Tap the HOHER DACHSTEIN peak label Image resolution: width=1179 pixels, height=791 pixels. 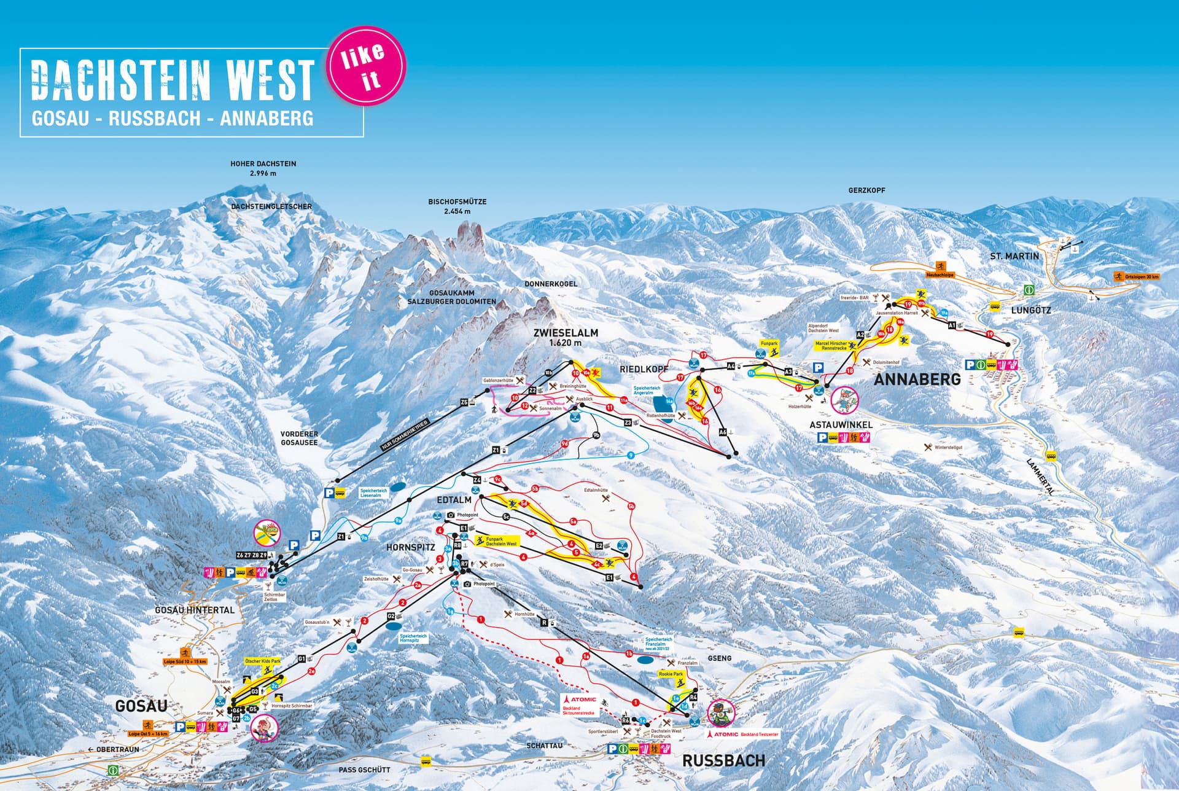click(263, 168)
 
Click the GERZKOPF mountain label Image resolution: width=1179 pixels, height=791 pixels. click(866, 190)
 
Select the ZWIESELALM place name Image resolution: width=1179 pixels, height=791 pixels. click(565, 333)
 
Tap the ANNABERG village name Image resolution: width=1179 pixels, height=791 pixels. click(917, 380)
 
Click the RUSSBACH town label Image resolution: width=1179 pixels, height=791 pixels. click(723, 761)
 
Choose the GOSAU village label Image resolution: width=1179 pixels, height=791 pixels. click(141, 706)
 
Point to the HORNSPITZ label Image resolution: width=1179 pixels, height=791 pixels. click(410, 547)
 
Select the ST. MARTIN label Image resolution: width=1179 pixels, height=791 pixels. click(1014, 255)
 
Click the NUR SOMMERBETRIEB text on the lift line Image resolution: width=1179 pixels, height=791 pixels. click(406, 435)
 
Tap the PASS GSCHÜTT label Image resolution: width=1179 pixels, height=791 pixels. click(364, 770)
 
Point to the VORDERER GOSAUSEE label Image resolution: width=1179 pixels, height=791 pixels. click(299, 438)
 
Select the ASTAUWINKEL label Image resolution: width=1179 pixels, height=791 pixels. click(840, 424)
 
